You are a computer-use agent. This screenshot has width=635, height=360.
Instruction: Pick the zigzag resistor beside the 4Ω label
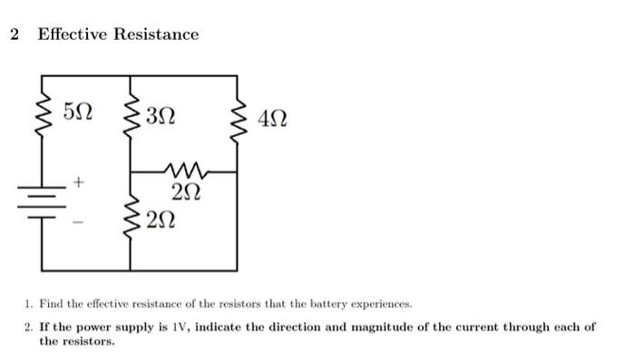pos(239,118)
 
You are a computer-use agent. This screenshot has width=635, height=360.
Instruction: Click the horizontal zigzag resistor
pos(186,170)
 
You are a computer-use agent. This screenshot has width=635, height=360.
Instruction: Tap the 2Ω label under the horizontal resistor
pos(186,192)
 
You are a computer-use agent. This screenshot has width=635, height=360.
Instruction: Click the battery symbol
pos(42,201)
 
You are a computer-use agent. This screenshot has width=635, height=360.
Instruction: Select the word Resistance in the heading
pos(155,34)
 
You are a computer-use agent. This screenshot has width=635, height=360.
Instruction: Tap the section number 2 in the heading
pos(14,34)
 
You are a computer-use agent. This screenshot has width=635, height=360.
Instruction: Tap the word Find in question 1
pos(48,304)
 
